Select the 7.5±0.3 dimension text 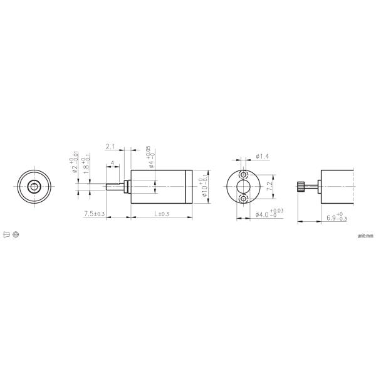point(93,214)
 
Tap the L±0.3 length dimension point(160,214)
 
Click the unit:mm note point(365,236)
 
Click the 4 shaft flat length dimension point(112,164)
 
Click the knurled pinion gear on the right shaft point(301,186)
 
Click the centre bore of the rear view point(244,186)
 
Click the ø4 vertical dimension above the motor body point(150,158)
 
